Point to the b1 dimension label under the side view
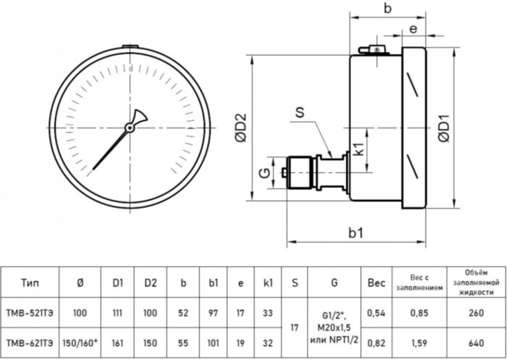coord(354,233)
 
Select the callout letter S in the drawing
coord(299,112)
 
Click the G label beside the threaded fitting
coord(265,172)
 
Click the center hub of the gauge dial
coord(130,127)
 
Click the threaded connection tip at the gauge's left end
coord(282,173)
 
